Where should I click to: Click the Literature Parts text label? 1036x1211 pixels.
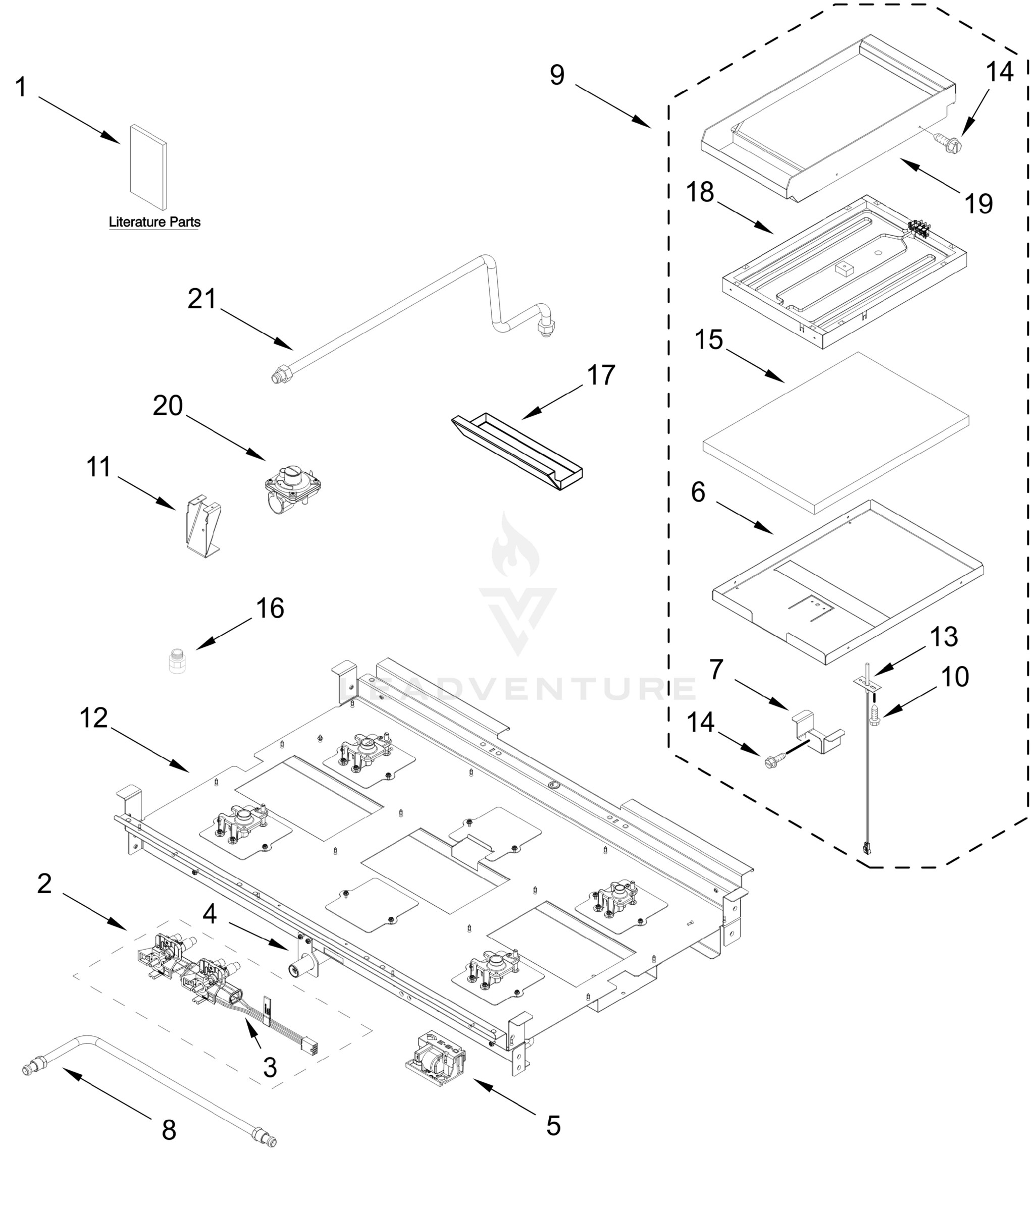coord(154,222)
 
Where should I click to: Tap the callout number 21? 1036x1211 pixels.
coord(202,299)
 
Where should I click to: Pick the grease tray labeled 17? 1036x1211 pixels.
coord(517,451)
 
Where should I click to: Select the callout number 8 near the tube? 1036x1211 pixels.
coord(169,1130)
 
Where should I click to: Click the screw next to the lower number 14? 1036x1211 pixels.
coord(772,760)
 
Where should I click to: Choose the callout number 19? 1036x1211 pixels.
coord(978,204)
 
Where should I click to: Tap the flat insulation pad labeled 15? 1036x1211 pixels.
coord(836,432)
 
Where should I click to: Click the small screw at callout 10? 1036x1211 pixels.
coord(874,717)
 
